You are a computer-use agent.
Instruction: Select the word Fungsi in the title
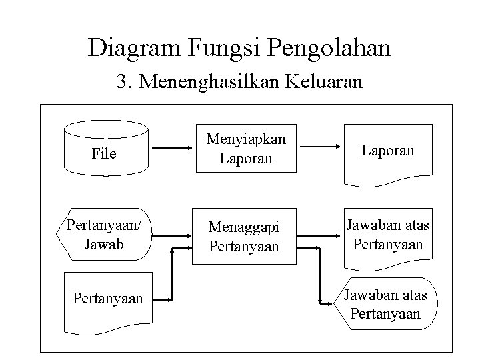(221, 48)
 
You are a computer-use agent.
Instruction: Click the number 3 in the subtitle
(121, 83)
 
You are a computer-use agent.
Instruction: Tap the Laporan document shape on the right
(387, 152)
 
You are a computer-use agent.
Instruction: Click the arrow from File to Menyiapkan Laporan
(171, 148)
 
